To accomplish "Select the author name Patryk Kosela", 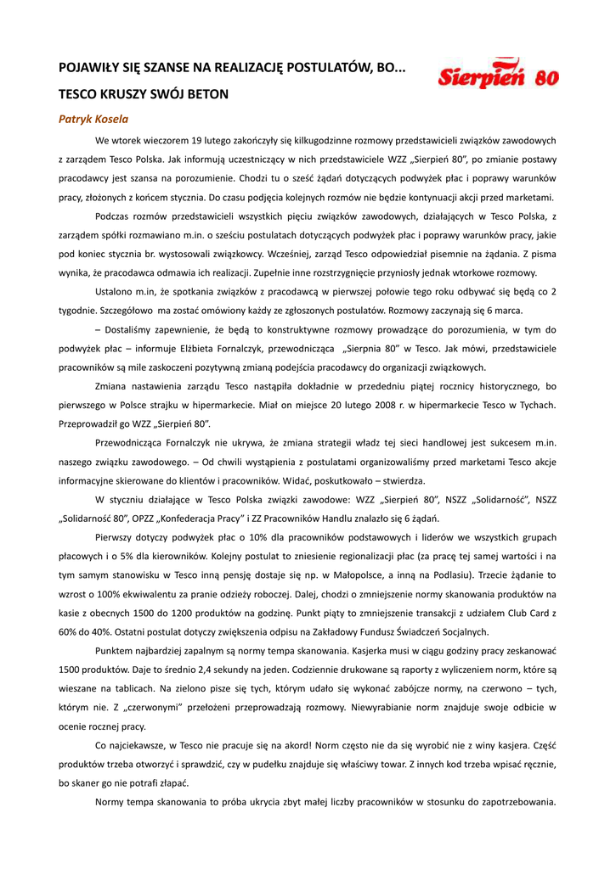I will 93,119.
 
